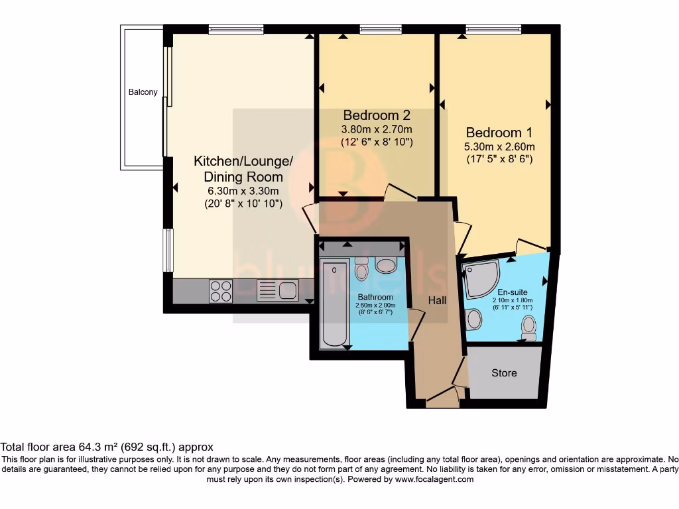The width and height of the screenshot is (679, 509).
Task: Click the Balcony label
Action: point(143,92)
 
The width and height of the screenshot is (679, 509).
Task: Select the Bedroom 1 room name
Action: point(499,132)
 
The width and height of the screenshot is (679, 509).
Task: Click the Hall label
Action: point(437,300)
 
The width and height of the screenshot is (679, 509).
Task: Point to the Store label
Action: point(504,373)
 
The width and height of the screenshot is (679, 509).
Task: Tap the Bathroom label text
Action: point(375,297)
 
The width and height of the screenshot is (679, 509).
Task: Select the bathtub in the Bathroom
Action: point(334,304)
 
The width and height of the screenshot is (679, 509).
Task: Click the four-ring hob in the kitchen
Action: point(221,290)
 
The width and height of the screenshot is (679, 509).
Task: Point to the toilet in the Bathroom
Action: point(361,270)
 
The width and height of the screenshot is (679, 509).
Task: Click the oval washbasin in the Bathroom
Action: point(385,266)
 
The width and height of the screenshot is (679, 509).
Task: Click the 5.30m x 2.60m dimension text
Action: point(499,146)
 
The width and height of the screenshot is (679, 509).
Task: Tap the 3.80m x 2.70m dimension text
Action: point(376,129)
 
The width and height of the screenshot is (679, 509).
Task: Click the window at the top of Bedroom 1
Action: point(493,29)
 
